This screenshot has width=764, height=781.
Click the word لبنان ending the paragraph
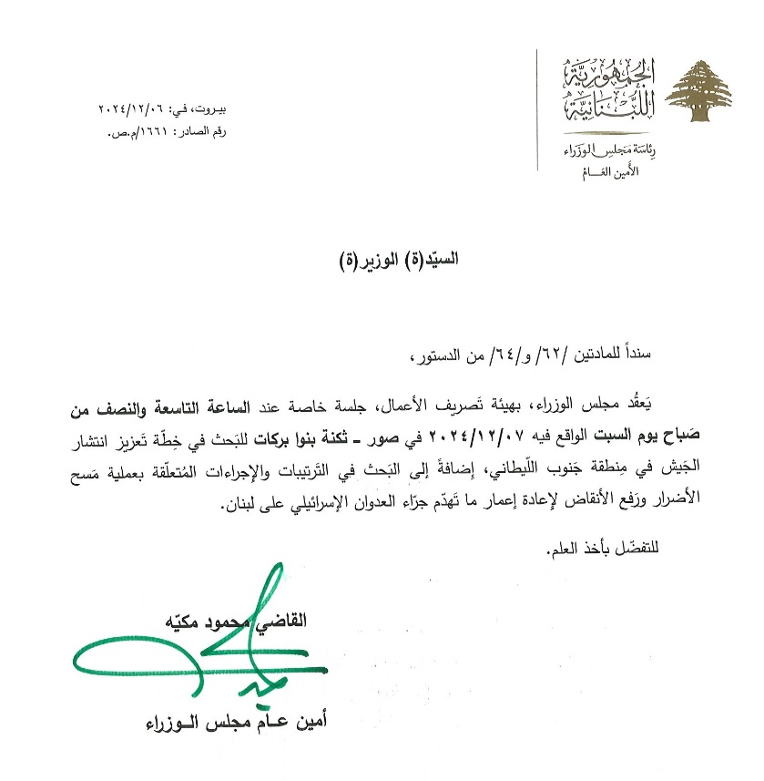[237, 507]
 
